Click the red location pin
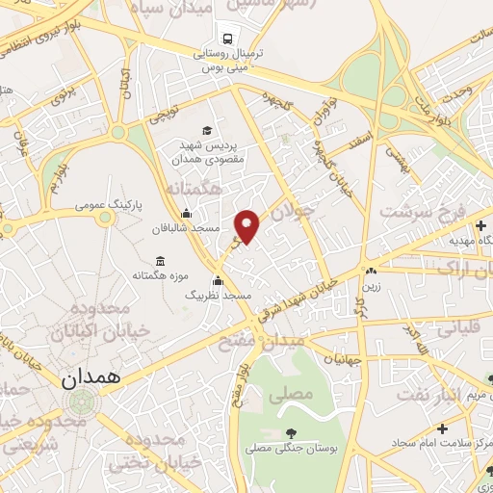[x=247, y=226]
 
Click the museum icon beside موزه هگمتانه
[x=160, y=262]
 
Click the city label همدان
[x=93, y=378]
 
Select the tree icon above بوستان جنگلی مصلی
[x=291, y=433]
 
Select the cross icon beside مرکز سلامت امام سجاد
[x=442, y=428]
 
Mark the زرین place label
[x=371, y=286]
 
